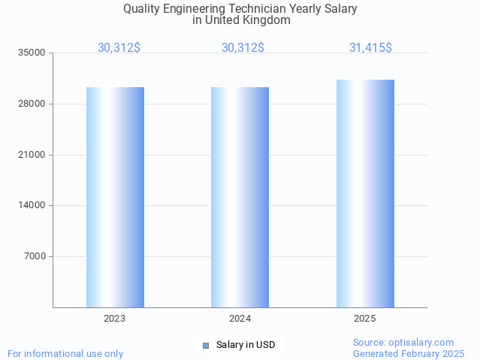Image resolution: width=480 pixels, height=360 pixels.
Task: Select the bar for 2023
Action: pyautogui.click(x=115, y=197)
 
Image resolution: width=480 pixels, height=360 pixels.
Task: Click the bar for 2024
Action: pyautogui.click(x=240, y=197)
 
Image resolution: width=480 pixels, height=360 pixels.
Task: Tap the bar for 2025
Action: pyautogui.click(x=365, y=193)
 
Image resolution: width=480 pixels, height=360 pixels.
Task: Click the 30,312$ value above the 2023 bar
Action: pyautogui.click(x=119, y=48)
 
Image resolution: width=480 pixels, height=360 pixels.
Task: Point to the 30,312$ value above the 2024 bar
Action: pyautogui.click(x=243, y=48)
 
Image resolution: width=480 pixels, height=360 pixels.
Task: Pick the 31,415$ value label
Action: pyautogui.click(x=370, y=48)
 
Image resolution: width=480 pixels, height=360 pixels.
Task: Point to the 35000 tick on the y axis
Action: pyautogui.click(x=32, y=53)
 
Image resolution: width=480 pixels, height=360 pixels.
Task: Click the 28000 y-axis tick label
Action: pyautogui.click(x=32, y=104)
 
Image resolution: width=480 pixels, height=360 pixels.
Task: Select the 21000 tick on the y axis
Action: pyautogui.click(x=32, y=155)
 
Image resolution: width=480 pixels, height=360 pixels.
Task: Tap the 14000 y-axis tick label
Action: pyautogui.click(x=32, y=205)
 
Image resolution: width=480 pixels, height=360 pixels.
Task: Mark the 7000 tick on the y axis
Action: pyautogui.click(x=35, y=256)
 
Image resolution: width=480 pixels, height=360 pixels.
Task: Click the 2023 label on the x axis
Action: pyautogui.click(x=115, y=319)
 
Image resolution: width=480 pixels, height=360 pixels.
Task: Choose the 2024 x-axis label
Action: pyautogui.click(x=240, y=319)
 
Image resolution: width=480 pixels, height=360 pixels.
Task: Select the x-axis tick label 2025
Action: pyautogui.click(x=365, y=319)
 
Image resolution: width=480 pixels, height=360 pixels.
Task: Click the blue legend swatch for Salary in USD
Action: pyautogui.click(x=205, y=345)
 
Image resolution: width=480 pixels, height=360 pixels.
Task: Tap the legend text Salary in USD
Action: pyautogui.click(x=246, y=345)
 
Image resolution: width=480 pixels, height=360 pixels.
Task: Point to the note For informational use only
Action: pyautogui.click(x=65, y=353)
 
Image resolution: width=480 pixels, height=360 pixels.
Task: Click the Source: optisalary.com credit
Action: pyautogui.click(x=403, y=342)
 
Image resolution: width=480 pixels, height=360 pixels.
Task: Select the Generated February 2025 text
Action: pyautogui.click(x=409, y=353)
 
